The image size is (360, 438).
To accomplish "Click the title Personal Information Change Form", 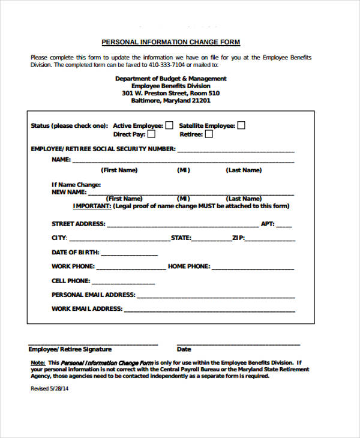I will (170, 42).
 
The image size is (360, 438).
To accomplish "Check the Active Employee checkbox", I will (169, 125).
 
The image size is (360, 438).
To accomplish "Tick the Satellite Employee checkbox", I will (241, 125).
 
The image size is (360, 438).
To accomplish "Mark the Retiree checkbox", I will (209, 134).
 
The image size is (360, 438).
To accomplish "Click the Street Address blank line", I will (182, 226).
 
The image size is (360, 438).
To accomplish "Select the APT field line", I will (284, 226).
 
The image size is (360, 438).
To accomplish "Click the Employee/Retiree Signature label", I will (70, 349).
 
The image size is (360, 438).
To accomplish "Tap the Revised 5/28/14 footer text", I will (49, 389).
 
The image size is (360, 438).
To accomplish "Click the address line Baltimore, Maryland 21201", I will (170, 101).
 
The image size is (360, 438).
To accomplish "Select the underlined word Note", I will (37, 363).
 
